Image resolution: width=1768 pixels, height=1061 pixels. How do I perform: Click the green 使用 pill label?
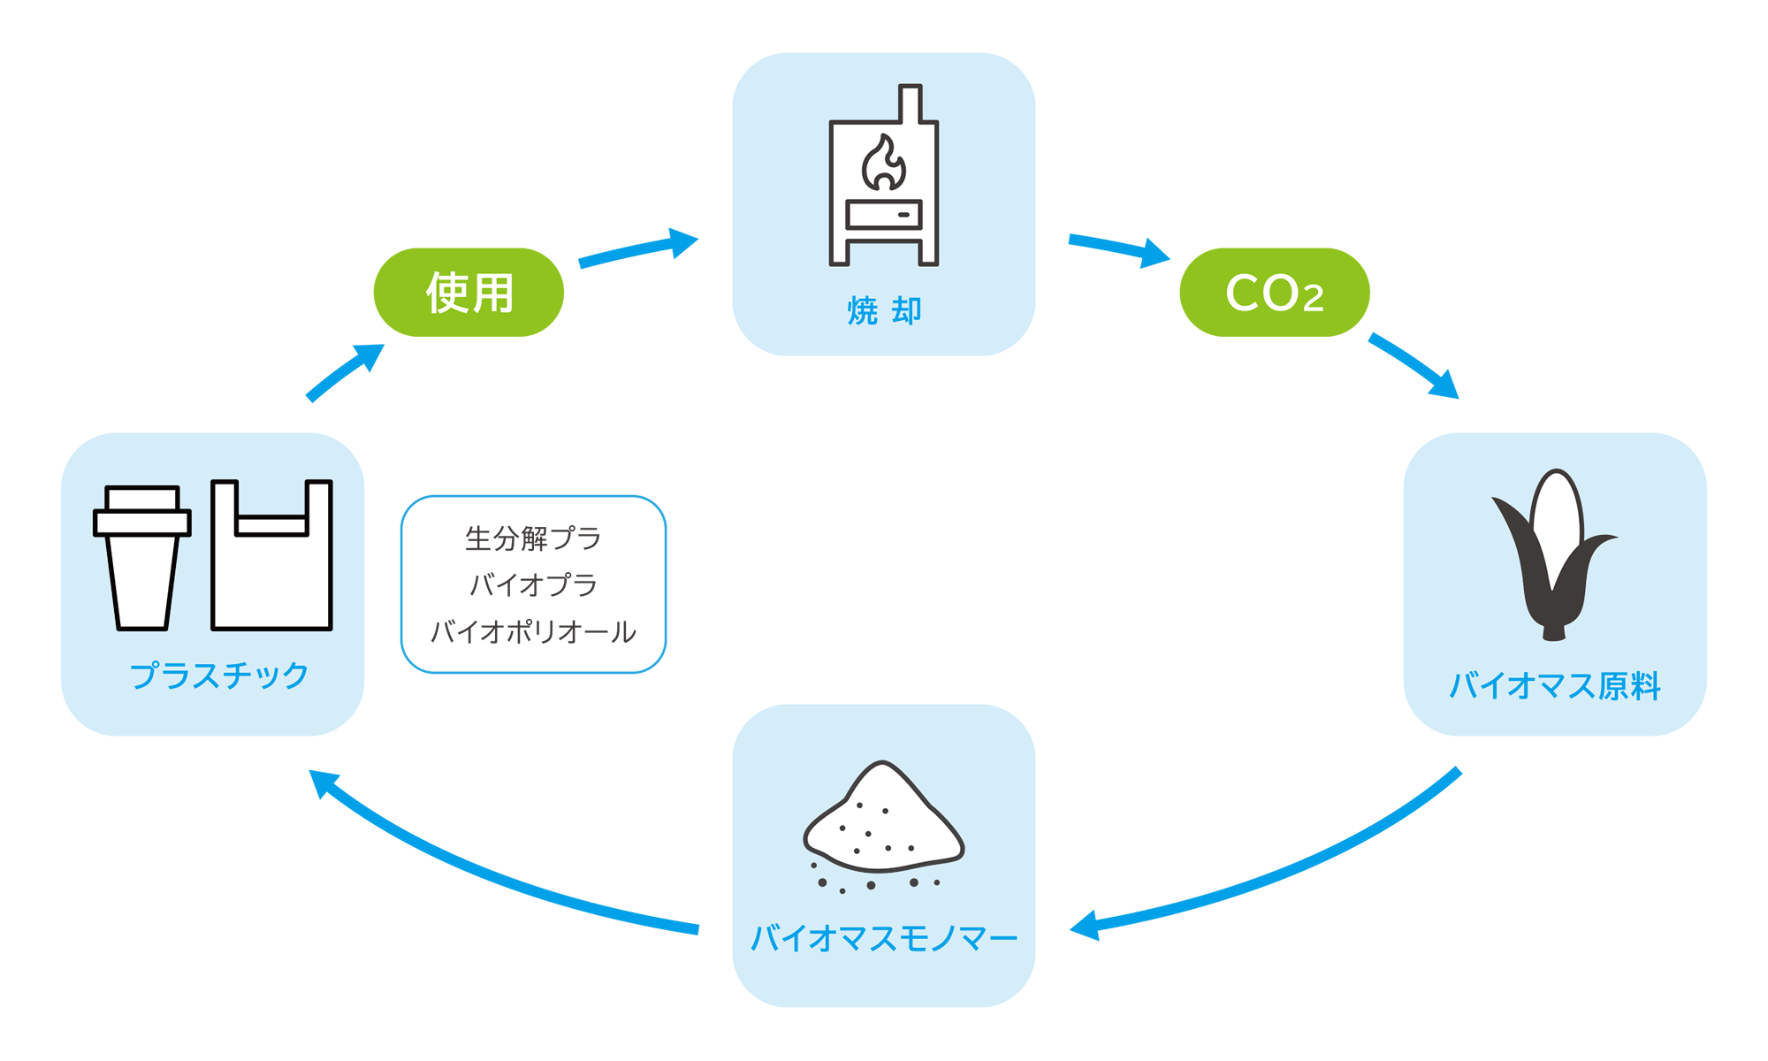(469, 292)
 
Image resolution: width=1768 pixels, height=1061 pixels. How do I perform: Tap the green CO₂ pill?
(1275, 292)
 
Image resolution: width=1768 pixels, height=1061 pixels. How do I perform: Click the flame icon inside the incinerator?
(883, 163)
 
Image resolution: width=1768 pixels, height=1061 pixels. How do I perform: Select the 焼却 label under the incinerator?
(884, 311)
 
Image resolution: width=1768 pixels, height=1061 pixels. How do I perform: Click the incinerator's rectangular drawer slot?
(884, 215)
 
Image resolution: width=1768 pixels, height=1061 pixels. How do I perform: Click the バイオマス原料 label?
(1555, 686)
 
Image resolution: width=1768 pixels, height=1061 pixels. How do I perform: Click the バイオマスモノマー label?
(884, 938)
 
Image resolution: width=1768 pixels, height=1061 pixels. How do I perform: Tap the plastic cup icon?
(142, 558)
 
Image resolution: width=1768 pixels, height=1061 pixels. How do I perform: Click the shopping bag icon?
(271, 555)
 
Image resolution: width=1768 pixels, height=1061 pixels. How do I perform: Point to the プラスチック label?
(219, 676)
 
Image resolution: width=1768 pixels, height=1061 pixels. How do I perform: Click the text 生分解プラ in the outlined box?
(533, 538)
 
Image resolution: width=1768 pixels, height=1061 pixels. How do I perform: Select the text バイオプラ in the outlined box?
(533, 584)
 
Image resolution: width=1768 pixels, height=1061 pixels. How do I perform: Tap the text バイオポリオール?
(533, 631)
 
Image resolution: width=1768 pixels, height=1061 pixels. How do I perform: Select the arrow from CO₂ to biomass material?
(1414, 364)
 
